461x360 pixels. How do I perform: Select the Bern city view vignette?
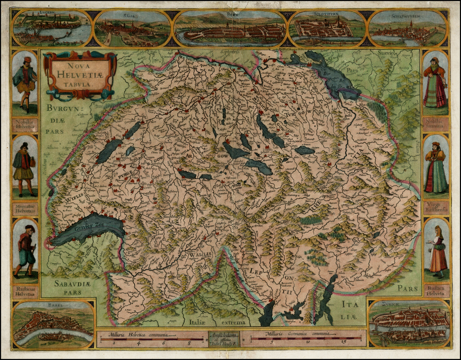[230, 29]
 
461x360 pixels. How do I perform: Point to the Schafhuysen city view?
[407, 28]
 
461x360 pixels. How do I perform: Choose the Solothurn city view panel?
[327, 28]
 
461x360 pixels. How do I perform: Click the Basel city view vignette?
[54, 324]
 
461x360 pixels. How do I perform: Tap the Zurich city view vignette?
[409, 324]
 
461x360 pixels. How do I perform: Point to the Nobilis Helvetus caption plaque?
[25, 124]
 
